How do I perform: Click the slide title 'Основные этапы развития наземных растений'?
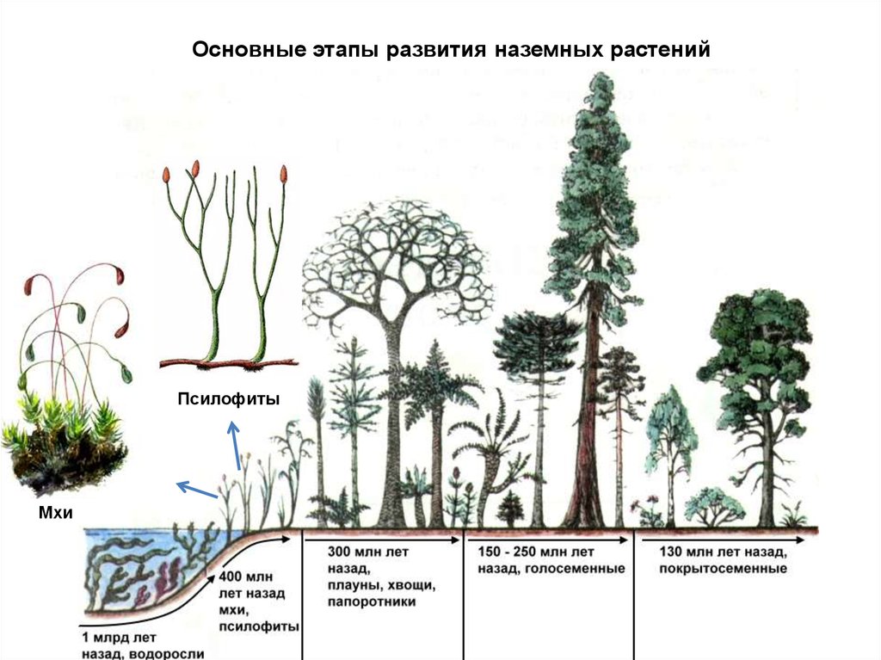451,49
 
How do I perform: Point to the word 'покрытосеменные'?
723,569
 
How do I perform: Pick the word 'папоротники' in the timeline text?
371,602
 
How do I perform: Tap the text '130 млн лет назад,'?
722,552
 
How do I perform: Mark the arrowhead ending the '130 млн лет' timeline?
802,540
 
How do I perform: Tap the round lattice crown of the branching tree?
397,258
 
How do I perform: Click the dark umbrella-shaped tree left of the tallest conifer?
535,344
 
